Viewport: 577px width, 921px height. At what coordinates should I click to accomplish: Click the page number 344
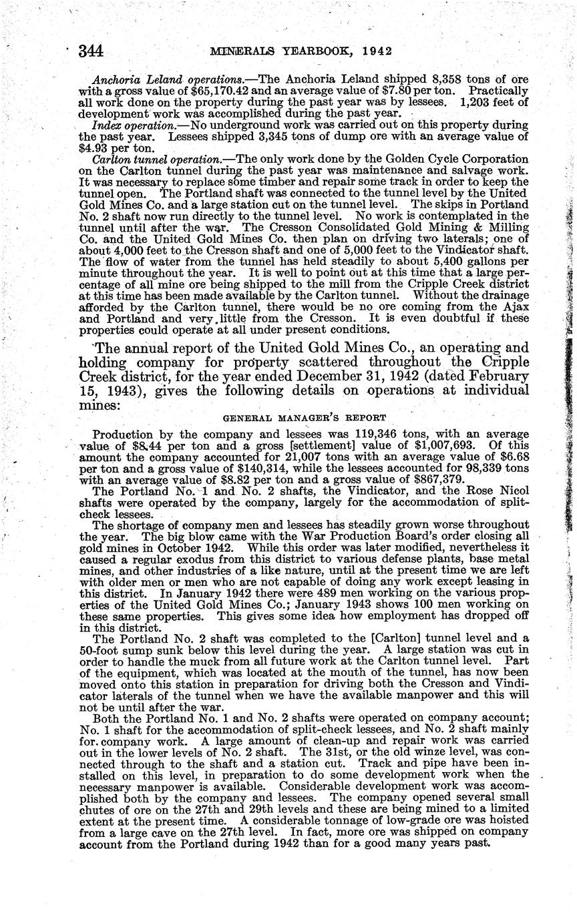91,51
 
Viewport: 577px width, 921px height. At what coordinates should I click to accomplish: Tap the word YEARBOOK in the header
306,51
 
